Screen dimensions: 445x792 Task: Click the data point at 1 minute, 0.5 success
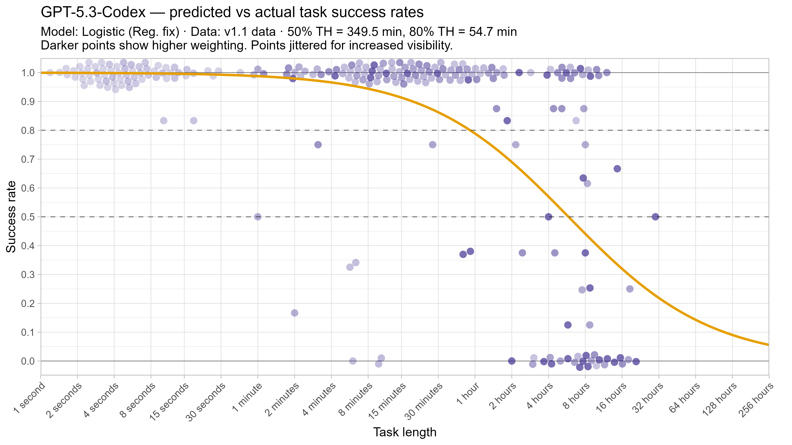(258, 217)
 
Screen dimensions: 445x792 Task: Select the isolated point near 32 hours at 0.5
(655, 217)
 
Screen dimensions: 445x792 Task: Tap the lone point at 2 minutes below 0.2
(294, 313)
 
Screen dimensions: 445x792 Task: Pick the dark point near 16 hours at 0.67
(617, 169)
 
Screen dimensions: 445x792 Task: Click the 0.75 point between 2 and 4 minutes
(318, 145)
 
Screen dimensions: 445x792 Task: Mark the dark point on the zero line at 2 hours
(511, 361)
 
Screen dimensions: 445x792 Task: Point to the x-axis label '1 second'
(29, 398)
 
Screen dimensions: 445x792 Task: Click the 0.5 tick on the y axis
(28, 217)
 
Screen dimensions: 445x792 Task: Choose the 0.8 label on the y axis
(28, 131)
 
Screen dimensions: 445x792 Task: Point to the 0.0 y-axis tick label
(28, 361)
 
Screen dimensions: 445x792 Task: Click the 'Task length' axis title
(405, 432)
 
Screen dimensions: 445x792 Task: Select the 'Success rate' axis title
(11, 217)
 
